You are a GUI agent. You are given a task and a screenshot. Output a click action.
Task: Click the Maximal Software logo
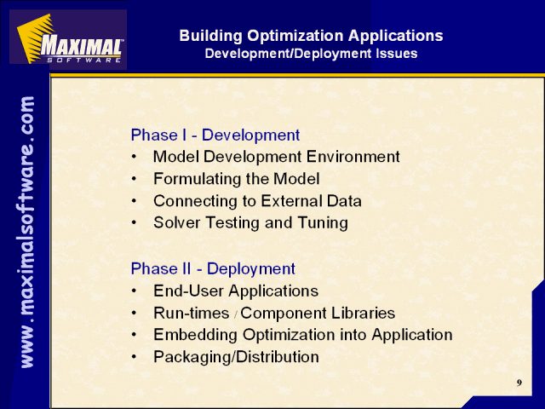click(x=68, y=39)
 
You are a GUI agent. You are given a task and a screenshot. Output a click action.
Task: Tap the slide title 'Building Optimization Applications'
click(x=311, y=36)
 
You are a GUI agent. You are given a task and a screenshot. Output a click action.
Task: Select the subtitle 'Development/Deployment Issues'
click(x=311, y=54)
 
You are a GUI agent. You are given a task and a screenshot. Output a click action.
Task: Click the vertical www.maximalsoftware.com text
click(x=27, y=232)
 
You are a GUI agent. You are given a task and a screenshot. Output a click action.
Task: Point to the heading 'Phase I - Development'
click(x=215, y=135)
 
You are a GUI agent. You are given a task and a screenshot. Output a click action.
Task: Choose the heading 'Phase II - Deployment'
click(x=213, y=269)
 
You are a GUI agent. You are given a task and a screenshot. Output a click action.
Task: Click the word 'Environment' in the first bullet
click(x=353, y=157)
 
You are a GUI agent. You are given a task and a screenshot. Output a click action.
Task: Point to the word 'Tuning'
click(x=323, y=223)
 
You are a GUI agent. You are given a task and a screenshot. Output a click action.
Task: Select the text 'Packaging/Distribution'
click(x=237, y=357)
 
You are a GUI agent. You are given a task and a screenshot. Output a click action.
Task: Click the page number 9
click(x=519, y=383)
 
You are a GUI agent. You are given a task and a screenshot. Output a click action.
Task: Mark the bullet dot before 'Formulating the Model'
click(x=135, y=180)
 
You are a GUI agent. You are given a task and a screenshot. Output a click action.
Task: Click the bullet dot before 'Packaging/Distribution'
click(x=135, y=357)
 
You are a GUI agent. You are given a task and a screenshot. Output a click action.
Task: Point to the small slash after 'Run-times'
click(x=235, y=315)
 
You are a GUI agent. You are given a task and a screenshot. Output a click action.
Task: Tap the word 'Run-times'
click(x=192, y=313)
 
